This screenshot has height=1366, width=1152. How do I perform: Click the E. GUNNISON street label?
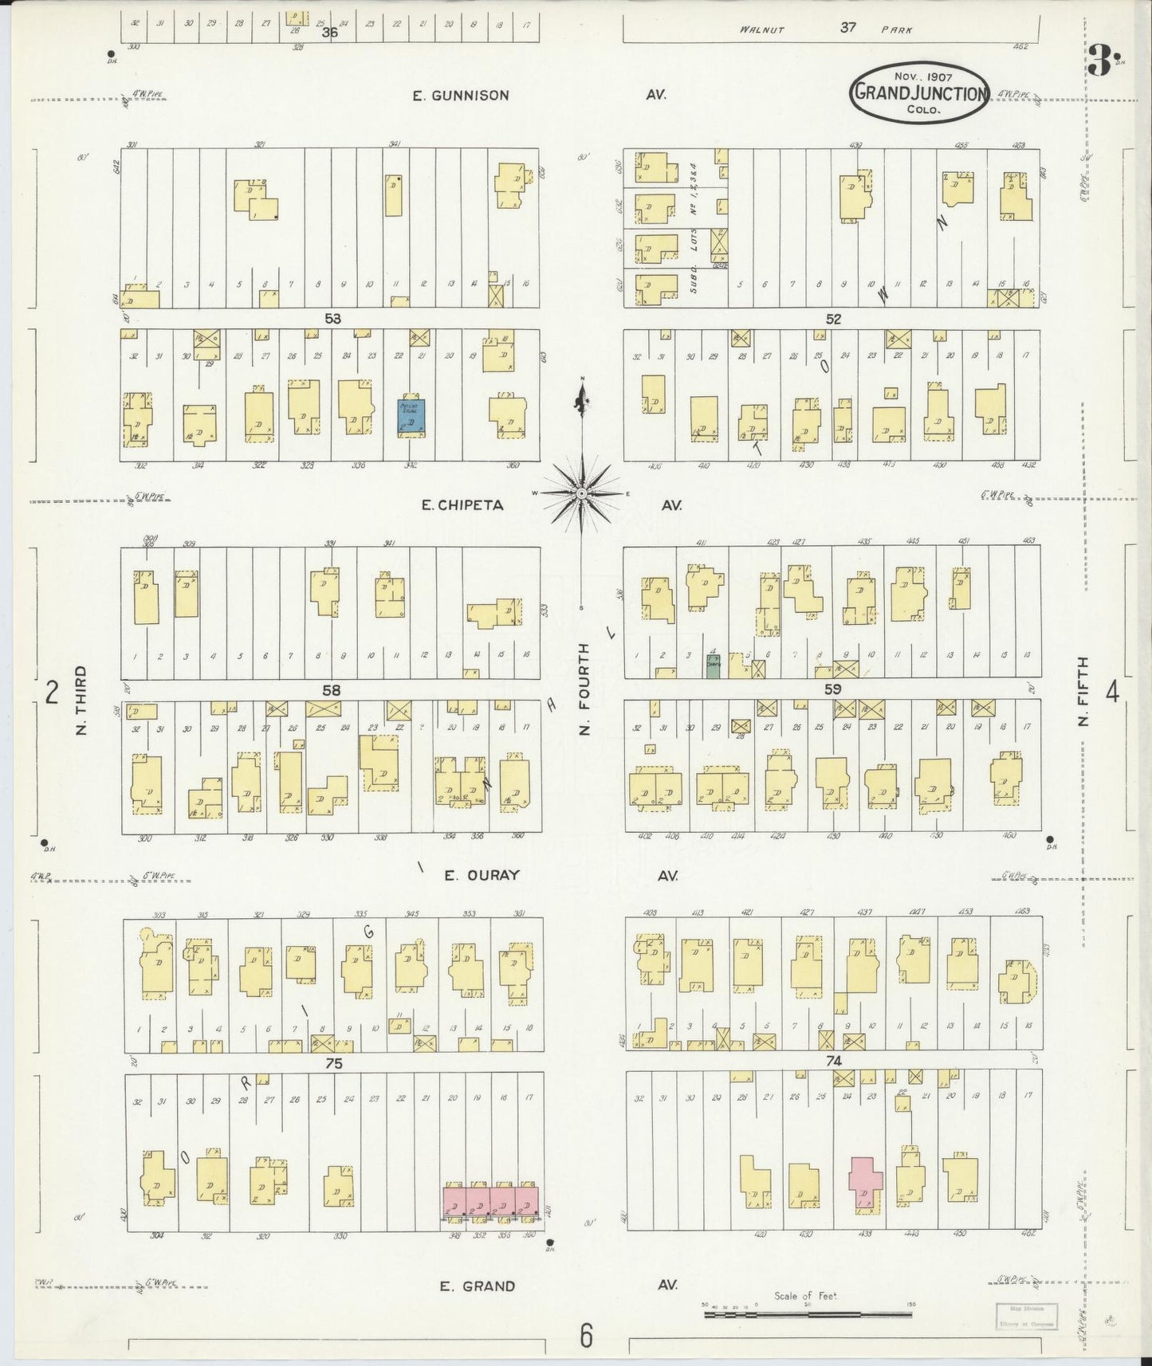(x=460, y=96)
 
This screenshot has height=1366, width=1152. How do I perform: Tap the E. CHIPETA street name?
(x=462, y=505)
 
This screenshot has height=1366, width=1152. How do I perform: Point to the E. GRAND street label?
(x=478, y=1286)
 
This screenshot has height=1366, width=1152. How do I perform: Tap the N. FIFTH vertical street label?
(x=1083, y=692)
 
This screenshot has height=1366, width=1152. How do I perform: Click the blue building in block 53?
(x=411, y=417)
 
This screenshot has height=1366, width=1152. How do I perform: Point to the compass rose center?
(x=583, y=493)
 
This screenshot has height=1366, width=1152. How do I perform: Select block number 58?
(x=332, y=690)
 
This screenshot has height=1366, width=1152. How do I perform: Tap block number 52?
(x=833, y=319)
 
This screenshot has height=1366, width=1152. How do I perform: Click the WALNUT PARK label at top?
(x=825, y=29)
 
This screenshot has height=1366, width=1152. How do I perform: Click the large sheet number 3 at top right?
(x=1100, y=60)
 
